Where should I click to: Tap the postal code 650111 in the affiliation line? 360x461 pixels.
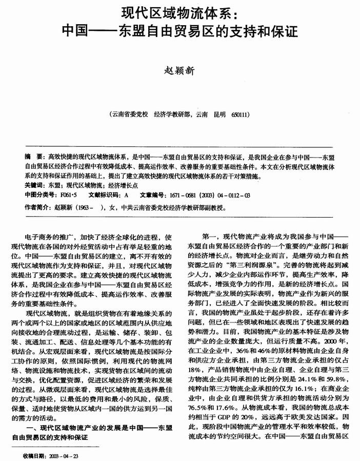[241, 114]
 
